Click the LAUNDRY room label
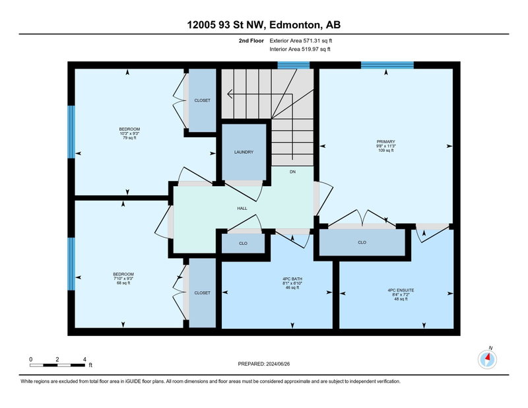(244, 153)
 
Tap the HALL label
(242, 209)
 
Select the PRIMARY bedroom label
(386, 142)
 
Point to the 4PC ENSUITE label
(401, 290)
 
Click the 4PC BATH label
(292, 279)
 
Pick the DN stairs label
(292, 172)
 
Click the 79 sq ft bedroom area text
(129, 138)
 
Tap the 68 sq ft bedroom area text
(123, 283)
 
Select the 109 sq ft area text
(386, 151)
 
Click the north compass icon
(487, 359)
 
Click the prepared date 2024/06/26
(278, 364)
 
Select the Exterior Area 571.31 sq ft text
(301, 41)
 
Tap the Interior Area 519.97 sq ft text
(300, 50)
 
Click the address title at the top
(263, 24)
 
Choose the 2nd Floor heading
(251, 41)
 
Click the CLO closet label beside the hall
(243, 243)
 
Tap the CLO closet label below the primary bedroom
(362, 242)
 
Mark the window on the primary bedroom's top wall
(387, 65)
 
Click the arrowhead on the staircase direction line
(230, 94)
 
